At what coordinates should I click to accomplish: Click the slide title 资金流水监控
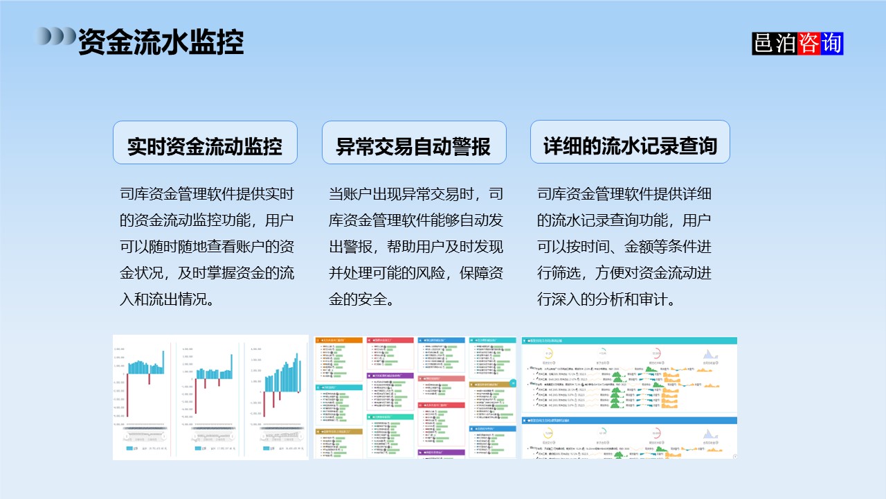point(160,42)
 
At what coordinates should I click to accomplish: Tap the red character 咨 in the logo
point(808,44)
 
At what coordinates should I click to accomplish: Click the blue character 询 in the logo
point(831,44)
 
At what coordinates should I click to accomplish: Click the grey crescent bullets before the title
point(55,35)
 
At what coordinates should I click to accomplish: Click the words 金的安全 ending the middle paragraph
point(361,299)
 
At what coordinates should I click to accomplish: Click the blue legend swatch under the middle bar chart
point(199,448)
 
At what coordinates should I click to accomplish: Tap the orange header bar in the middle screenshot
point(338,340)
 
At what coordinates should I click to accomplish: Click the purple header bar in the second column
point(389,376)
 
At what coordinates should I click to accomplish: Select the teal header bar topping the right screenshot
point(629,340)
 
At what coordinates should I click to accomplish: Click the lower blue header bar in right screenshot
point(629,420)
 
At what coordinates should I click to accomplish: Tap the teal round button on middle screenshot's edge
point(513,383)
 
